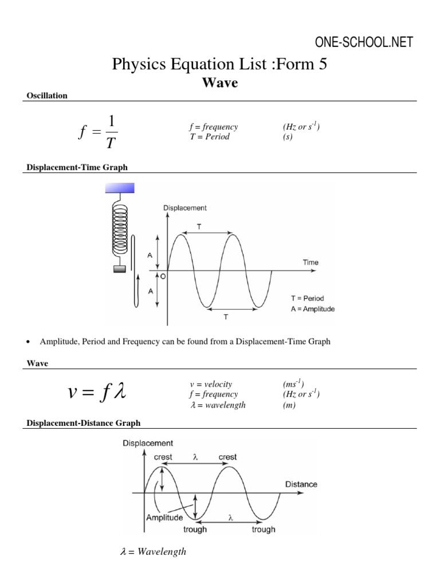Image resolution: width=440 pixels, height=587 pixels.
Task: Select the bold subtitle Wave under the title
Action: (x=220, y=83)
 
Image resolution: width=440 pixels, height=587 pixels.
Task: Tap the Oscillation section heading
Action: (x=47, y=96)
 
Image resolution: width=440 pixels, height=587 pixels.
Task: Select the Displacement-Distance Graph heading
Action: (x=83, y=423)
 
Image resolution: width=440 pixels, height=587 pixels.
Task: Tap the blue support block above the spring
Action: (x=120, y=188)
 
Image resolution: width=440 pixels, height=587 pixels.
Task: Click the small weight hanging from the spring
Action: (x=120, y=269)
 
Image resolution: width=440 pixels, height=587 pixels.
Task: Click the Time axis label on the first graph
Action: (x=310, y=262)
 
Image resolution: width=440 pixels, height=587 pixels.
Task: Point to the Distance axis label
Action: (x=301, y=484)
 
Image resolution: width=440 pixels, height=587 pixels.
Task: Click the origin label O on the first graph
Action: (x=163, y=276)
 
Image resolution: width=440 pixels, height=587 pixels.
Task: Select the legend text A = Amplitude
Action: (x=313, y=309)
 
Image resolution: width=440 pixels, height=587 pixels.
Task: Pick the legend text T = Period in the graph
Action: (x=307, y=299)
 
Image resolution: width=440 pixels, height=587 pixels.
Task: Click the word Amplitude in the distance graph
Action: (x=164, y=517)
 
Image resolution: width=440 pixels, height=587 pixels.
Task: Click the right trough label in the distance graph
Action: (x=264, y=529)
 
